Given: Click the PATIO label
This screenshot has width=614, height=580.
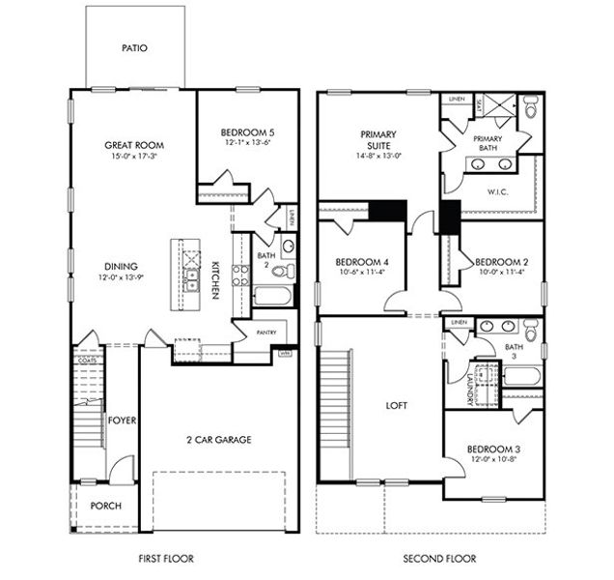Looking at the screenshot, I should [134, 47].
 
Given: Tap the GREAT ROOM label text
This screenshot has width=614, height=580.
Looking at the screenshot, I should [130, 146].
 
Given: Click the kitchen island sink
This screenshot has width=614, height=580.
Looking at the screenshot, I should [192, 280].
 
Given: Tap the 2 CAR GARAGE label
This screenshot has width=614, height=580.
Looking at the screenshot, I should [218, 440].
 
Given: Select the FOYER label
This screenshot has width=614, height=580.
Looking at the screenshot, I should [121, 420].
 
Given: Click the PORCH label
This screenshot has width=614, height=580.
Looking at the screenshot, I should [105, 506].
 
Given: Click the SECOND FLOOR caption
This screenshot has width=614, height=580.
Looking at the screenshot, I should [431, 559].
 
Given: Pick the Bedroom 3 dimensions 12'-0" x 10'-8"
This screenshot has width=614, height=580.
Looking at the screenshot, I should [493, 459].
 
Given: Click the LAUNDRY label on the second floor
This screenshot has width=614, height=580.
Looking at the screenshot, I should [468, 389].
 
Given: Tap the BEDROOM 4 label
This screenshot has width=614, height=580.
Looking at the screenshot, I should [362, 262].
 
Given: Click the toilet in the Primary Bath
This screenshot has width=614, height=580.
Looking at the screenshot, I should [531, 109].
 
